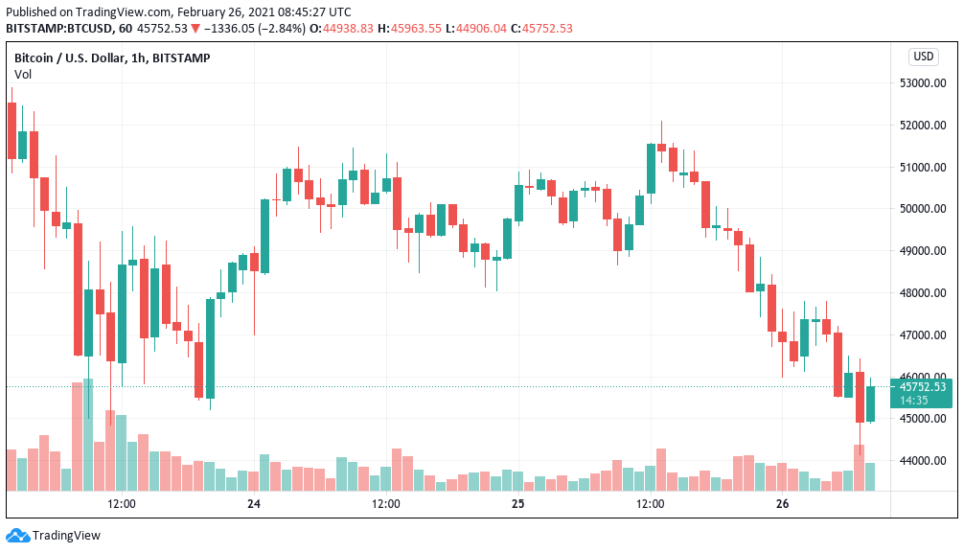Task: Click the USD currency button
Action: [x=923, y=57]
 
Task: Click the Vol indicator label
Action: [x=22, y=74]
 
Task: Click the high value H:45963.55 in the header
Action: [x=410, y=28]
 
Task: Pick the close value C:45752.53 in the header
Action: [x=541, y=28]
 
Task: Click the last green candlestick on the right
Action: [x=870, y=403]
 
